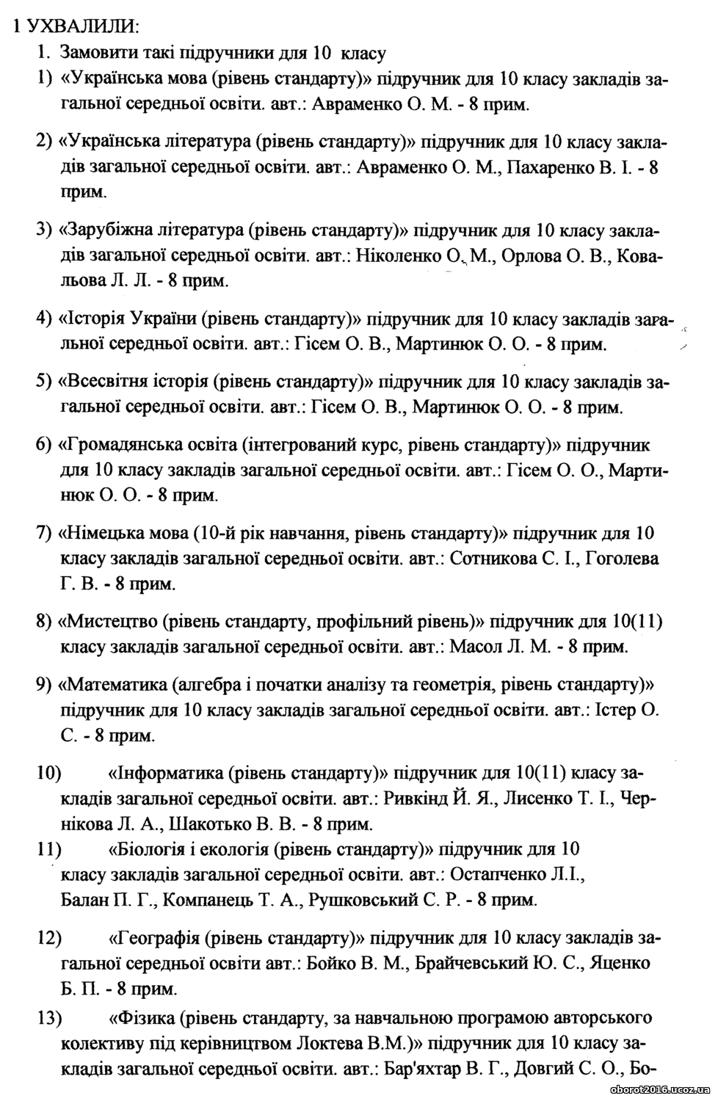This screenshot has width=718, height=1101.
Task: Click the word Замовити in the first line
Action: click(x=95, y=53)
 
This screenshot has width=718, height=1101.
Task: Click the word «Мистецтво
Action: click(x=107, y=622)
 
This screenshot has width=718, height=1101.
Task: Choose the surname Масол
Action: click(x=472, y=647)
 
